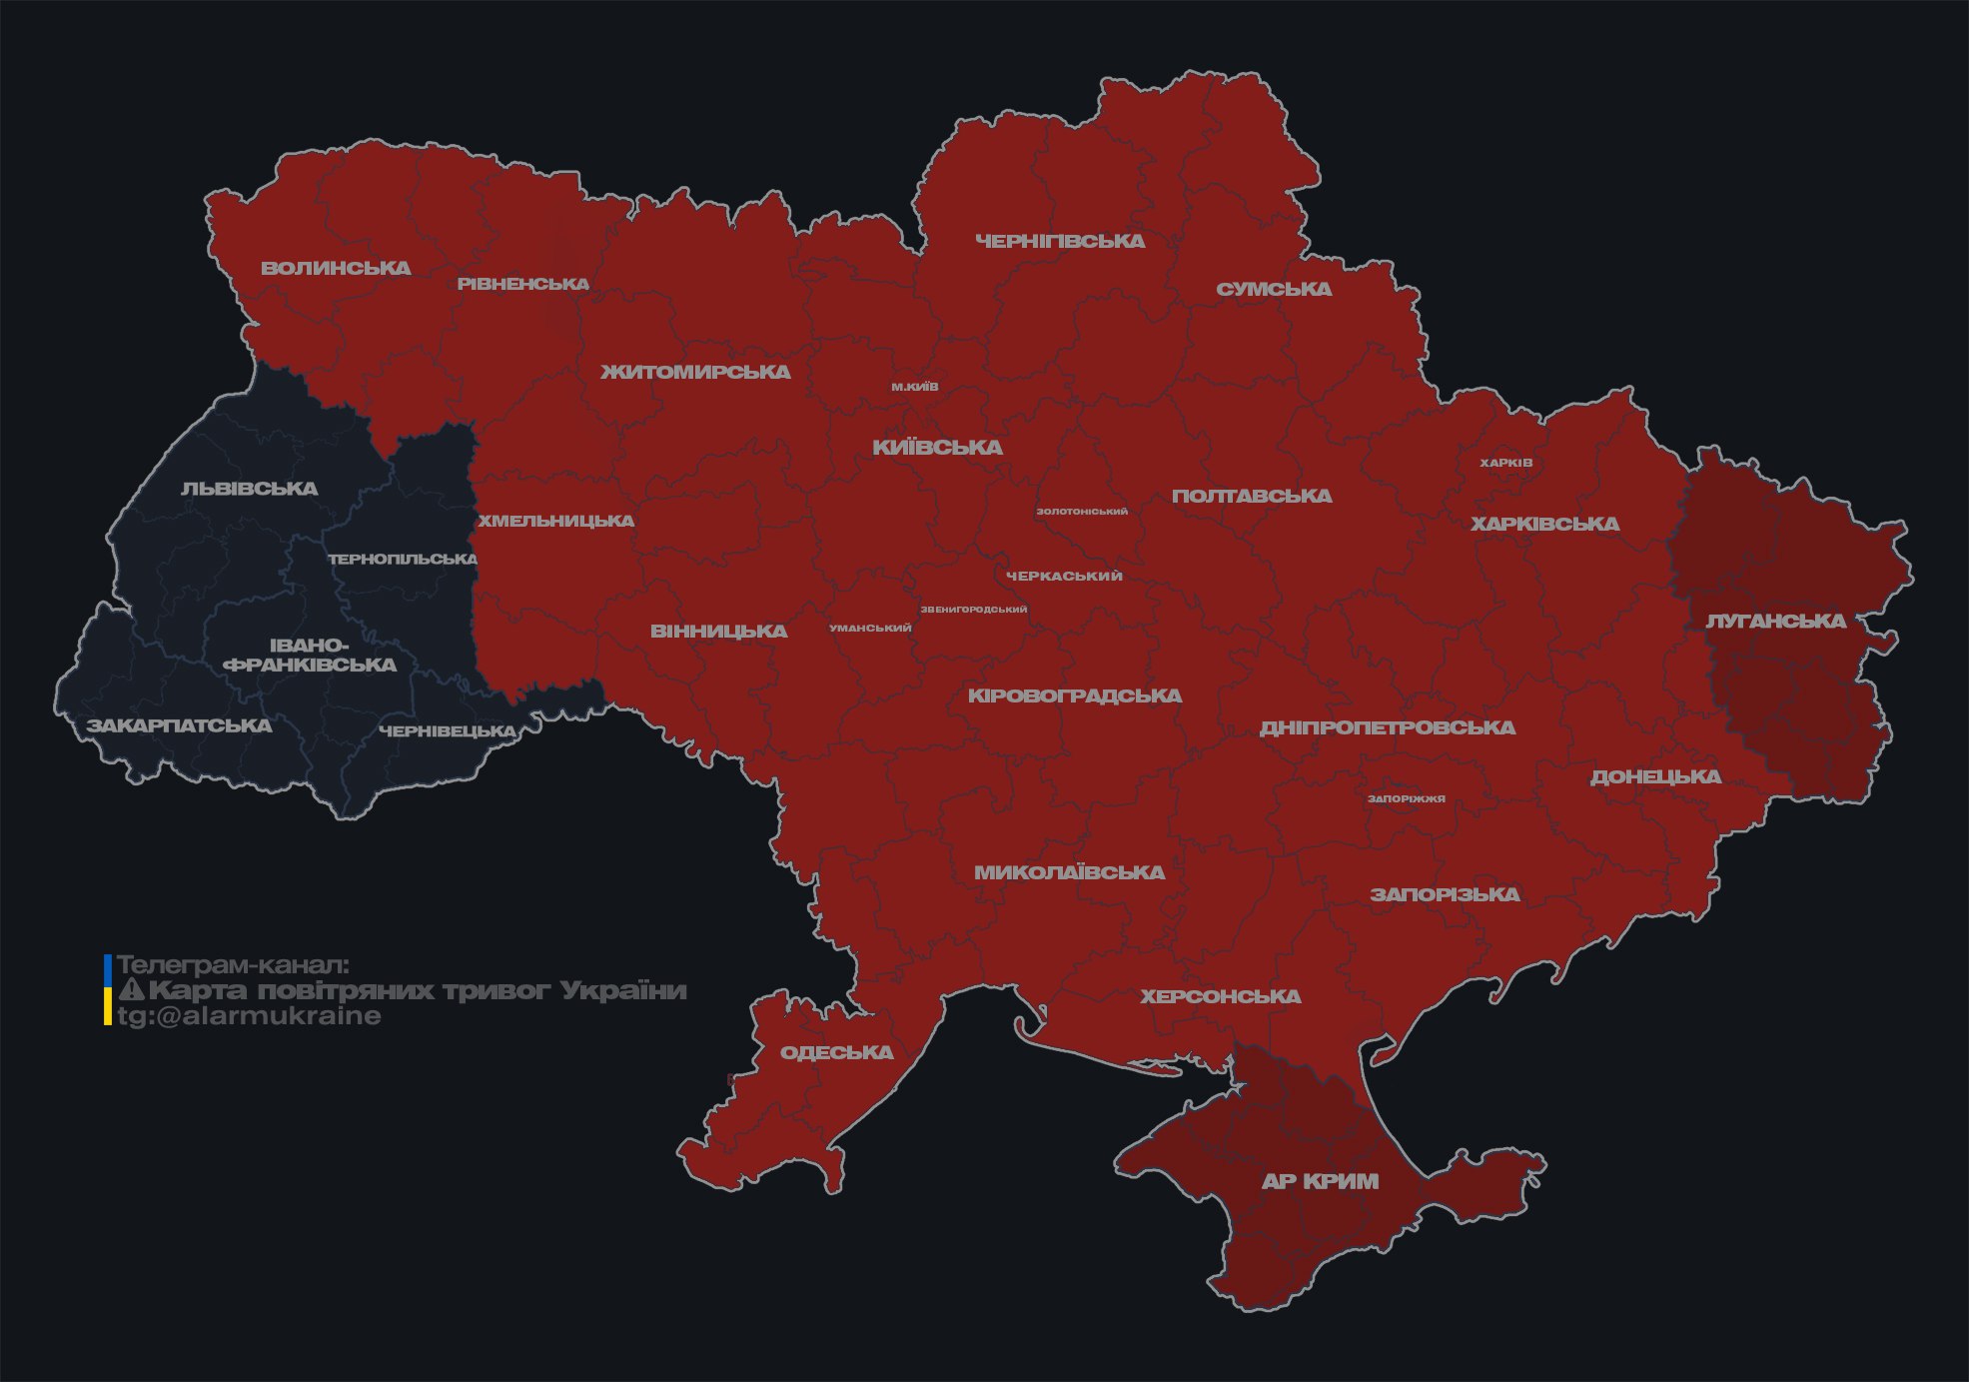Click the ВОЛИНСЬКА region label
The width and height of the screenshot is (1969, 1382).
[x=336, y=268]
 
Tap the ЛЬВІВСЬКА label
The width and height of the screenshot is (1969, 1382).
[x=249, y=489]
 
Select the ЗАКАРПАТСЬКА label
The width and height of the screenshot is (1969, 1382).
[x=179, y=725]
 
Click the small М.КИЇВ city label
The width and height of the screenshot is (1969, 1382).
[x=915, y=387]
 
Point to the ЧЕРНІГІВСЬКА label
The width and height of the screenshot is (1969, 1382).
[x=1060, y=241]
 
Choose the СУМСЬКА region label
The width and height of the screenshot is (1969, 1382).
[x=1274, y=289]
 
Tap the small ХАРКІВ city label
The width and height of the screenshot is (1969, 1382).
[x=1505, y=463]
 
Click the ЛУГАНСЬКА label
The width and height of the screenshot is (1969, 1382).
[x=1775, y=621]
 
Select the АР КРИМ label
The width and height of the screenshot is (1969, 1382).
[x=1320, y=1181]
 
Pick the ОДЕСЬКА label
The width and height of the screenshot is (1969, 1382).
[x=836, y=1052]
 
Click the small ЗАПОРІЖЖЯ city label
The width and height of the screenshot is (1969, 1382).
[x=1406, y=798]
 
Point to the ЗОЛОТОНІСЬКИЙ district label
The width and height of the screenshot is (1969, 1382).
[x=1082, y=511]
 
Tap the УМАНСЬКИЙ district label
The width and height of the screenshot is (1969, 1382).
[x=870, y=628]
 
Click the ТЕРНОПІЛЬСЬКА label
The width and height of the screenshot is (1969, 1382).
[x=403, y=559]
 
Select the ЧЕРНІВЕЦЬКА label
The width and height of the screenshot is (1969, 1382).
[x=447, y=731]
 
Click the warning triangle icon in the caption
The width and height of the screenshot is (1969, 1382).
[x=131, y=990]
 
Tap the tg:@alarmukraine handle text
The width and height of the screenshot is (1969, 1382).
[x=249, y=1016]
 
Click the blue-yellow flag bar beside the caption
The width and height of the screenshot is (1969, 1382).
[x=108, y=990]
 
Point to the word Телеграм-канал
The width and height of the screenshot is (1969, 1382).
[x=233, y=965]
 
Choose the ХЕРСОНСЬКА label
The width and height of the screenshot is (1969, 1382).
[x=1220, y=996]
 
